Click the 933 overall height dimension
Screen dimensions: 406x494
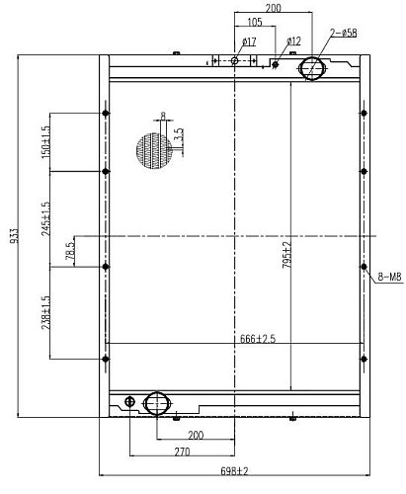point(14,235)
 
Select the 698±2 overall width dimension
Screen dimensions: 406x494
point(234,471)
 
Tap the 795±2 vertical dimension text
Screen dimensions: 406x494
point(286,255)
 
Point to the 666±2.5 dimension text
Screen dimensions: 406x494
point(258,339)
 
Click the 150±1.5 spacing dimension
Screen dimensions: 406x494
point(46,141)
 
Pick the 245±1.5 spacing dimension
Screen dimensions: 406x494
point(46,218)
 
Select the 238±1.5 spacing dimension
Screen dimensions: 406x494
point(46,312)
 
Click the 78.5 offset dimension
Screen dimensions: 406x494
point(70,251)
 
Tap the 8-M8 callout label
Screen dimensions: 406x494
point(389,277)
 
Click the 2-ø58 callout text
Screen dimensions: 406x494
point(344,33)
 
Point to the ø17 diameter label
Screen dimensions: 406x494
point(249,41)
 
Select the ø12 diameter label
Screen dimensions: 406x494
point(293,41)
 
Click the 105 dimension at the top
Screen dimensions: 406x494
point(255,22)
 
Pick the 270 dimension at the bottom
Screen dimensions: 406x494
point(182,452)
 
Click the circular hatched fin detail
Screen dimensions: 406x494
point(154,151)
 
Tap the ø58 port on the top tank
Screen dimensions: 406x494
point(312,68)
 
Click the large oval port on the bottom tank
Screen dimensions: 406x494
point(157,403)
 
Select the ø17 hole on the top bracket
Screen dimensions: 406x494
point(234,61)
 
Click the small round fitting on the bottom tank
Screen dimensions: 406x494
point(130,401)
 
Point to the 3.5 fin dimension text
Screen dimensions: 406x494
point(179,134)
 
